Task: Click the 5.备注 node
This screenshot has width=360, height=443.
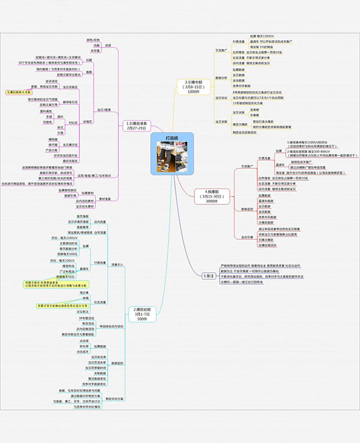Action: [x=209, y=275]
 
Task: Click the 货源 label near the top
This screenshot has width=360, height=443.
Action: [x=109, y=45]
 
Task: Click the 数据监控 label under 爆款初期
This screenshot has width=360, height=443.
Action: [x=115, y=363]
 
